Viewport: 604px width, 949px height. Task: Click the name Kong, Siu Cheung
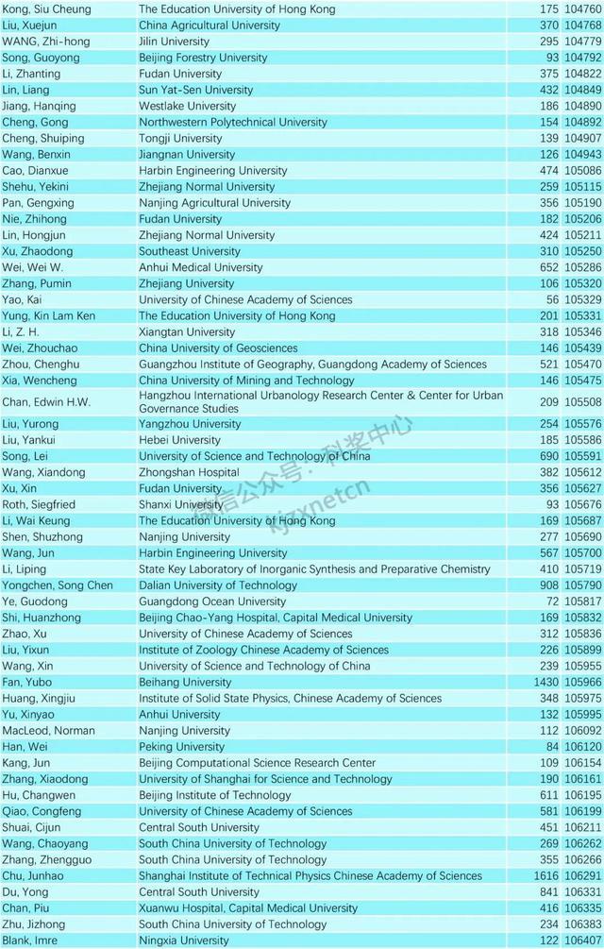(47, 9)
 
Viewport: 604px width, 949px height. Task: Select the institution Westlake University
(188, 106)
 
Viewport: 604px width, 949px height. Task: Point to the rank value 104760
(583, 9)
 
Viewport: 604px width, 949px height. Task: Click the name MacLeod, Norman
(49, 730)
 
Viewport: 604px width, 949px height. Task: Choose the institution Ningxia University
(184, 941)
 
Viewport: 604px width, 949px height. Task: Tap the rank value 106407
(583, 941)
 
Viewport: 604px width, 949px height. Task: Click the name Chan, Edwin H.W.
(47, 402)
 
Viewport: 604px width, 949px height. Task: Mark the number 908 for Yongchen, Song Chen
(546, 585)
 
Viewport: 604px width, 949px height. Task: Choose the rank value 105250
(583, 251)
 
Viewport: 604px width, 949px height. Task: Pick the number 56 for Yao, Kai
(550, 299)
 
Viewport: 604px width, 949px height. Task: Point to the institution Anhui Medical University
(201, 267)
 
